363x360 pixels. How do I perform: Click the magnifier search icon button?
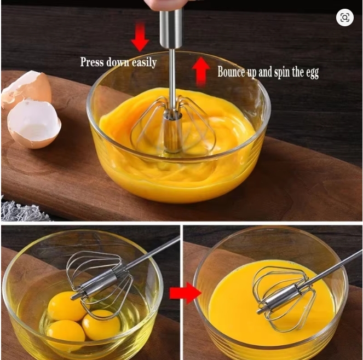coord(345,18)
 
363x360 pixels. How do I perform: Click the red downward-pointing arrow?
coord(140,37)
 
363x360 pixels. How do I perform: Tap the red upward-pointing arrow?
coord(201,72)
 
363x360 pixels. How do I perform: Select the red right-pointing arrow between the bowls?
coord(185,293)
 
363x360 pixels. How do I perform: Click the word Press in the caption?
coord(92,62)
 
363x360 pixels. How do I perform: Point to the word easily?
coord(144,63)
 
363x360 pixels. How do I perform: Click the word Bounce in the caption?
coord(231,72)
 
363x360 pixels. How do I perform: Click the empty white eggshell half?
coord(34,124)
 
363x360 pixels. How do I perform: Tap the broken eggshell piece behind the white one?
coord(26,87)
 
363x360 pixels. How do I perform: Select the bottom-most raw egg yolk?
coord(66,334)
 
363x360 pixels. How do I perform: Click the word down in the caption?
coord(118,62)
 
